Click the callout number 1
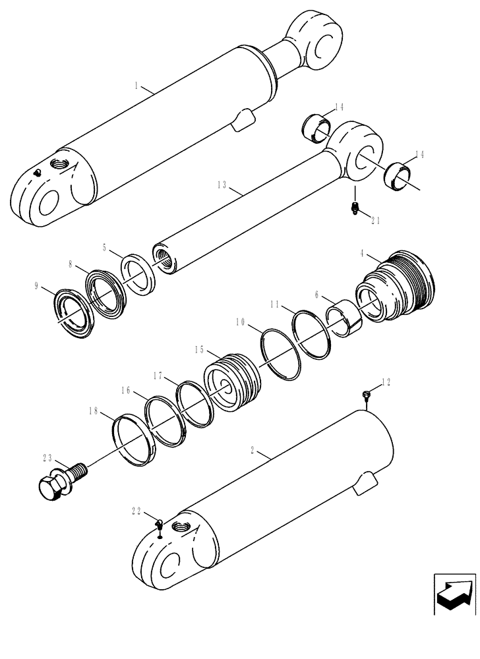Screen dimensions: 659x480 tap(136, 86)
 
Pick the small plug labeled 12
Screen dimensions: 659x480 tap(367, 395)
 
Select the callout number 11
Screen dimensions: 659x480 tap(276, 305)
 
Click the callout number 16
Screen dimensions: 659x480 tap(126, 390)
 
